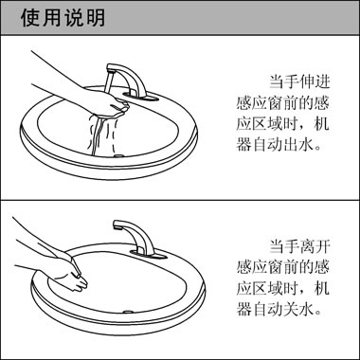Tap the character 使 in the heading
[x=29, y=18]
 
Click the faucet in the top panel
[x=124, y=80]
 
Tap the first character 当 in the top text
[x=277, y=81]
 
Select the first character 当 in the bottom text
[x=277, y=243]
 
